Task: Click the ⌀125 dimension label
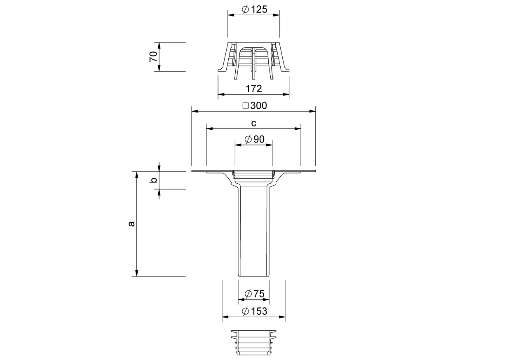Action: point(254,9)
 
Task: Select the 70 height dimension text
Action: point(154,56)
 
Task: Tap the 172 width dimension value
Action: point(254,89)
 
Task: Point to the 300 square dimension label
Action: point(258,106)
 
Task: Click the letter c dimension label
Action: point(254,123)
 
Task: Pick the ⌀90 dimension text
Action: point(254,139)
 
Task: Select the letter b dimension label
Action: point(154,180)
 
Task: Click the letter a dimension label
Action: point(131,224)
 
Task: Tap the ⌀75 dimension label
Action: point(254,294)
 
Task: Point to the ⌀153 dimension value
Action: point(254,311)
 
